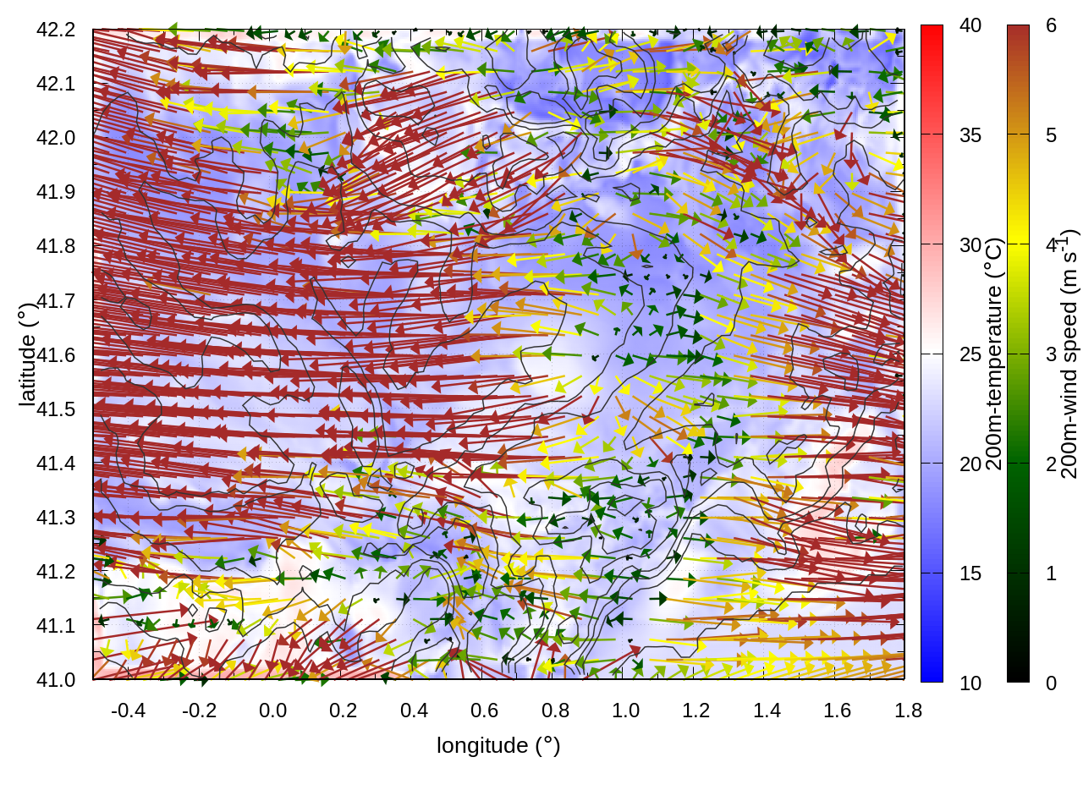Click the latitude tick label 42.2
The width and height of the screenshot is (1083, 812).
(x=56, y=30)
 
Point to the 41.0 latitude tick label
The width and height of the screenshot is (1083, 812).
(x=56, y=680)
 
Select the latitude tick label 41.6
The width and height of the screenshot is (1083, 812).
(x=56, y=355)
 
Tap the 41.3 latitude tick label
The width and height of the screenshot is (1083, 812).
(x=56, y=518)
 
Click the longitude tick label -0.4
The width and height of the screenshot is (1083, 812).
(x=128, y=710)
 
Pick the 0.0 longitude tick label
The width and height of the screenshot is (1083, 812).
(x=272, y=710)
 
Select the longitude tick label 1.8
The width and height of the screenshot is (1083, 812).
(x=908, y=710)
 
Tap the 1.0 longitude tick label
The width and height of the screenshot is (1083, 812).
(x=625, y=710)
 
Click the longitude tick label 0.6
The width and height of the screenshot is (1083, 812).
(x=484, y=710)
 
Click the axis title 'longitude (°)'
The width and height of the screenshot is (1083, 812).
(x=498, y=745)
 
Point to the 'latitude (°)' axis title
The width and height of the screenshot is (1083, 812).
(x=28, y=355)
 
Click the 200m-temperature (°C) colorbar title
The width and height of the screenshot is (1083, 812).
(x=994, y=354)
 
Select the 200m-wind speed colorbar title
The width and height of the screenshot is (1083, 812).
(x=1069, y=354)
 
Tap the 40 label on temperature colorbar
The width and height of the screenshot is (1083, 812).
(x=970, y=26)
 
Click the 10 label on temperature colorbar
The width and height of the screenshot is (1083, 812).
(x=970, y=683)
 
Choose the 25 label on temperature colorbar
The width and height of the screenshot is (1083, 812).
(x=970, y=354)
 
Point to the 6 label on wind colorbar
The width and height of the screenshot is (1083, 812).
(x=1051, y=26)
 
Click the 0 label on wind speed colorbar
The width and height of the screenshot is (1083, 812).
(x=1051, y=683)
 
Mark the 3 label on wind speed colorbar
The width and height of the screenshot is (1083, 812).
(x=1051, y=354)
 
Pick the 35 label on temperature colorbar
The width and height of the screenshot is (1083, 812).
(x=970, y=135)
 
